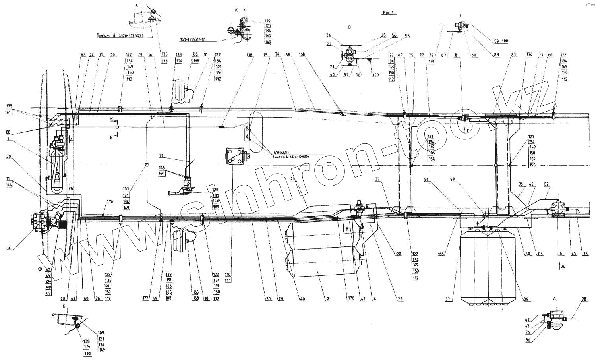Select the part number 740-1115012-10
[193, 40]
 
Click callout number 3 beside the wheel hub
[9, 248]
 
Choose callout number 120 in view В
[375, 75]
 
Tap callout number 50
[528, 254]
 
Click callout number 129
[215, 190]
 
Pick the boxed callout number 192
[87, 353]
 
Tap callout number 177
[146, 297]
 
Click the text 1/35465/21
[283, 153]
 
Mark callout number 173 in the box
[164, 61]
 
